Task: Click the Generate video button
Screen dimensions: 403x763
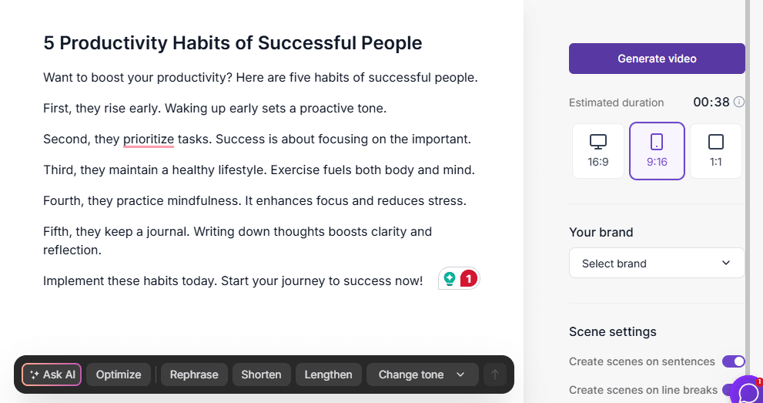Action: pyautogui.click(x=657, y=59)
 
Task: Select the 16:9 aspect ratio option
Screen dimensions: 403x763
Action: pyautogui.click(x=598, y=150)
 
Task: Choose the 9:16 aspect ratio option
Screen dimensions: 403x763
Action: pyautogui.click(x=657, y=150)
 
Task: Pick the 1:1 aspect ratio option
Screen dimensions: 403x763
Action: pyautogui.click(x=715, y=150)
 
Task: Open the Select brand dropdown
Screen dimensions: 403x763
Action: pyautogui.click(x=657, y=264)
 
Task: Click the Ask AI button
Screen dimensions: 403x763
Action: pyautogui.click(x=52, y=374)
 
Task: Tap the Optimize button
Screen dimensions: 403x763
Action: pyautogui.click(x=119, y=374)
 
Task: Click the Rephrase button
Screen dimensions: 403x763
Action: pyautogui.click(x=194, y=374)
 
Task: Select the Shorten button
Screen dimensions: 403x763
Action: pyautogui.click(x=261, y=374)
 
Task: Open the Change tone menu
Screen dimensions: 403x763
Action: pyautogui.click(x=422, y=374)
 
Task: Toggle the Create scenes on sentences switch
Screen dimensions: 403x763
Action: pyautogui.click(x=733, y=361)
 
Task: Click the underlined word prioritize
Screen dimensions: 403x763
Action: pyautogui.click(x=149, y=139)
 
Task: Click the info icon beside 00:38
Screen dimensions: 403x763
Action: pyautogui.click(x=739, y=102)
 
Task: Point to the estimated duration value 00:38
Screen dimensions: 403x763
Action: pyautogui.click(x=711, y=102)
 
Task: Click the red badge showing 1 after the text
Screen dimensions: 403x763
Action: pyautogui.click(x=468, y=279)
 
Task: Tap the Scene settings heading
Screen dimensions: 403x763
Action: pyautogui.click(x=612, y=331)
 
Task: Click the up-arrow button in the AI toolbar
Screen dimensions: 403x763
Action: pyautogui.click(x=495, y=374)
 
